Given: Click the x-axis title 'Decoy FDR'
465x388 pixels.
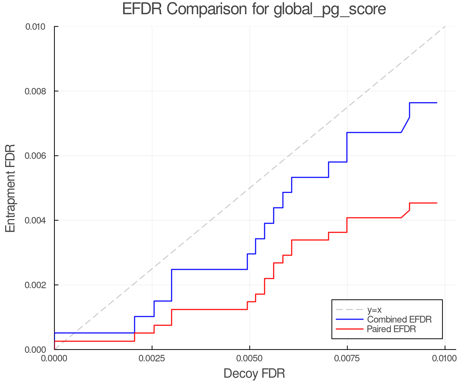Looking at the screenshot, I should (x=254, y=373).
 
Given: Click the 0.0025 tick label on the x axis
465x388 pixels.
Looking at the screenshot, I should (x=152, y=359).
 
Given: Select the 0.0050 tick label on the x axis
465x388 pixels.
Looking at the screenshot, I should (x=250, y=359).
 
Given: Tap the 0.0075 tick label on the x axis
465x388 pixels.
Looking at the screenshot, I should (x=347, y=359).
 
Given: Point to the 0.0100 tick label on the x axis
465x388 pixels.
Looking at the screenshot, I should (x=445, y=359).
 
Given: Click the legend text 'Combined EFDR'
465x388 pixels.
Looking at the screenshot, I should (x=399, y=319).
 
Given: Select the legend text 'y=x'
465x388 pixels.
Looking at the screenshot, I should (x=374, y=310).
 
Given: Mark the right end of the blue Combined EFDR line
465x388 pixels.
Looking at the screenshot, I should (x=437, y=103).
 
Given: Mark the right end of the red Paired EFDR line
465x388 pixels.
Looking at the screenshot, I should (x=437, y=203).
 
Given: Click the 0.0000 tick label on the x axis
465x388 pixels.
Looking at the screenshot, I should (x=54, y=359).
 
